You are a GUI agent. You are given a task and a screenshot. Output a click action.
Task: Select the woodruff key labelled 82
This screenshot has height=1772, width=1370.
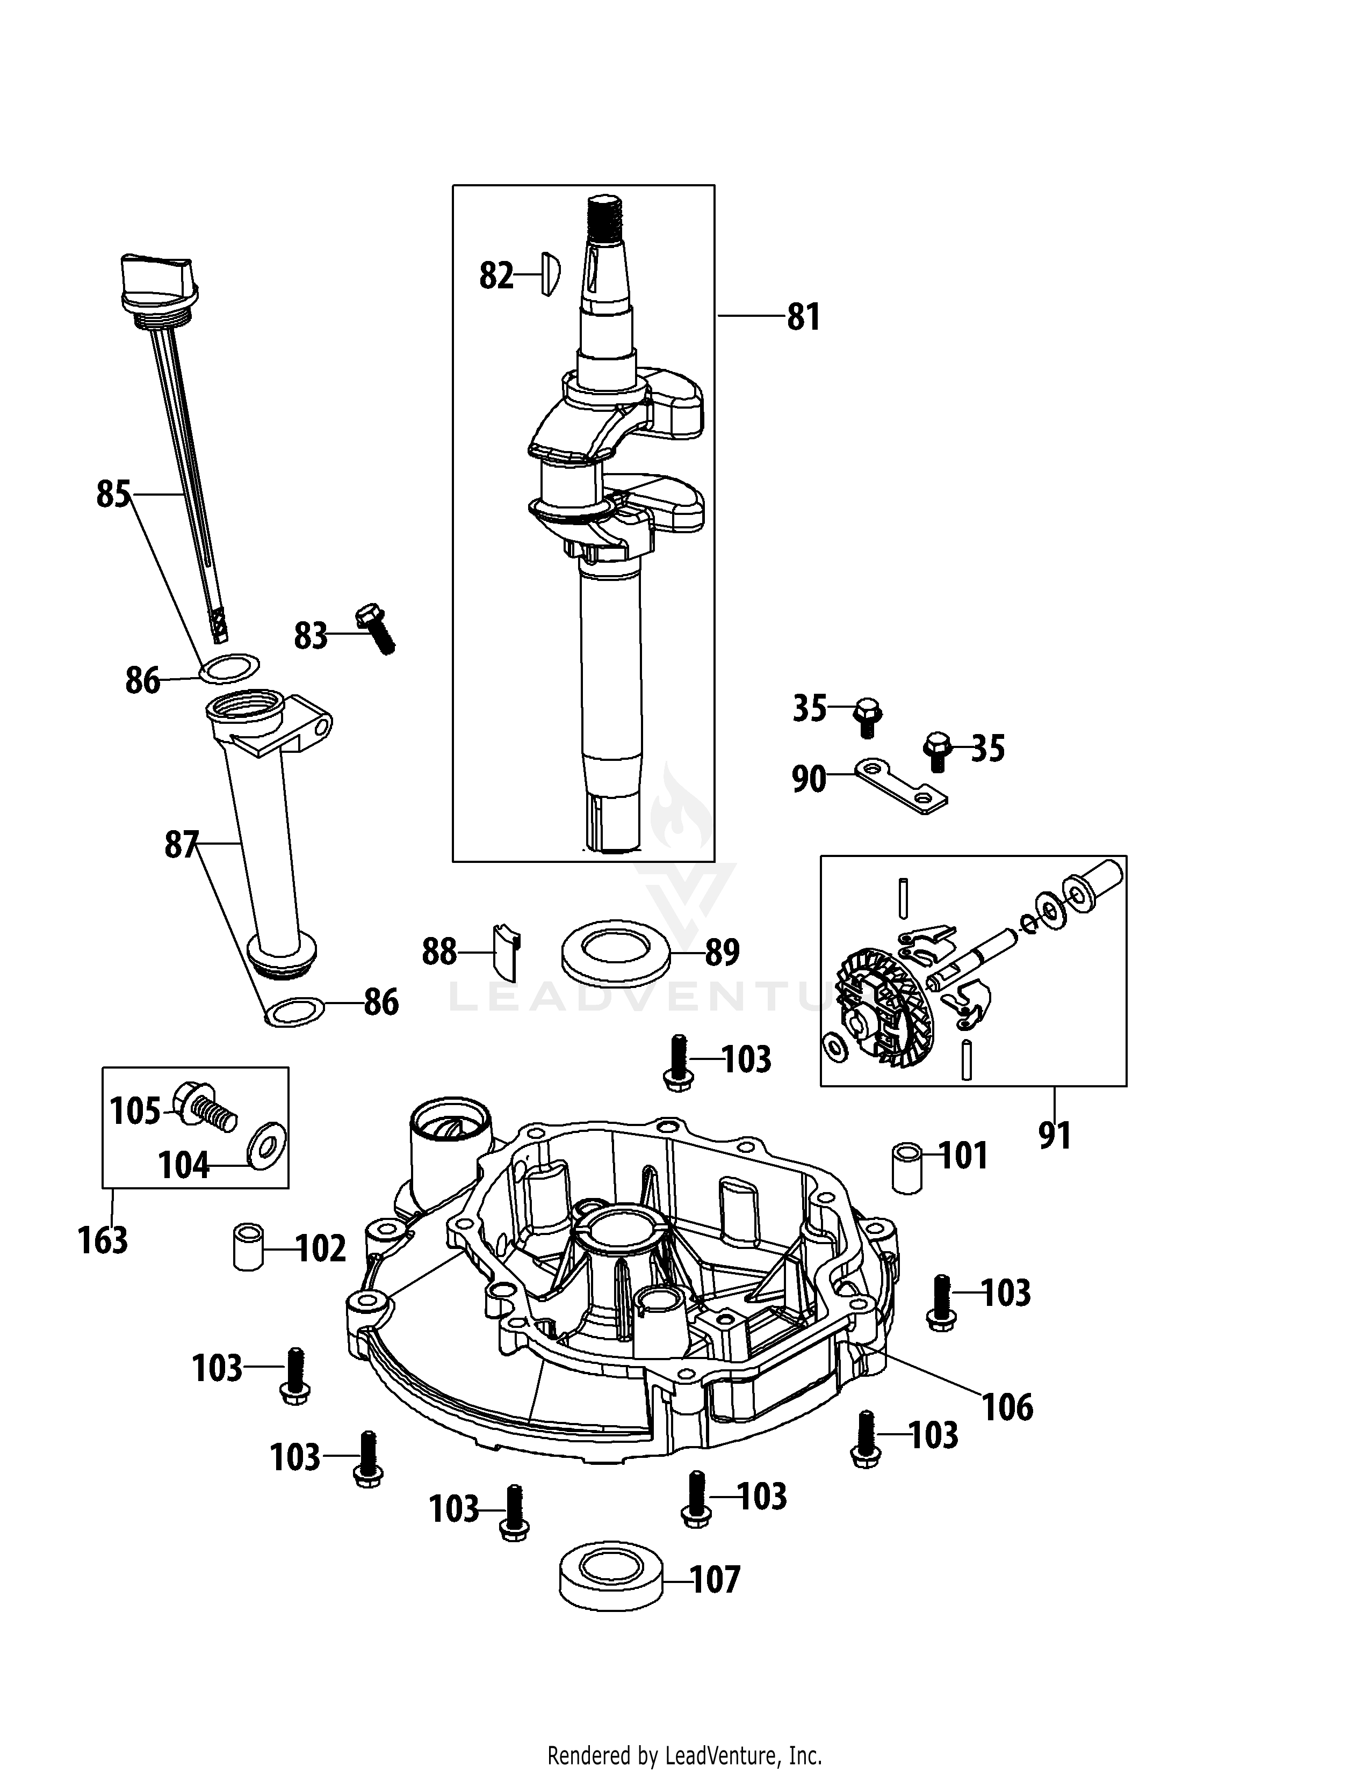550,274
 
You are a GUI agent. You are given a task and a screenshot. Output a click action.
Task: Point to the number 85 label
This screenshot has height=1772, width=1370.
113,494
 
